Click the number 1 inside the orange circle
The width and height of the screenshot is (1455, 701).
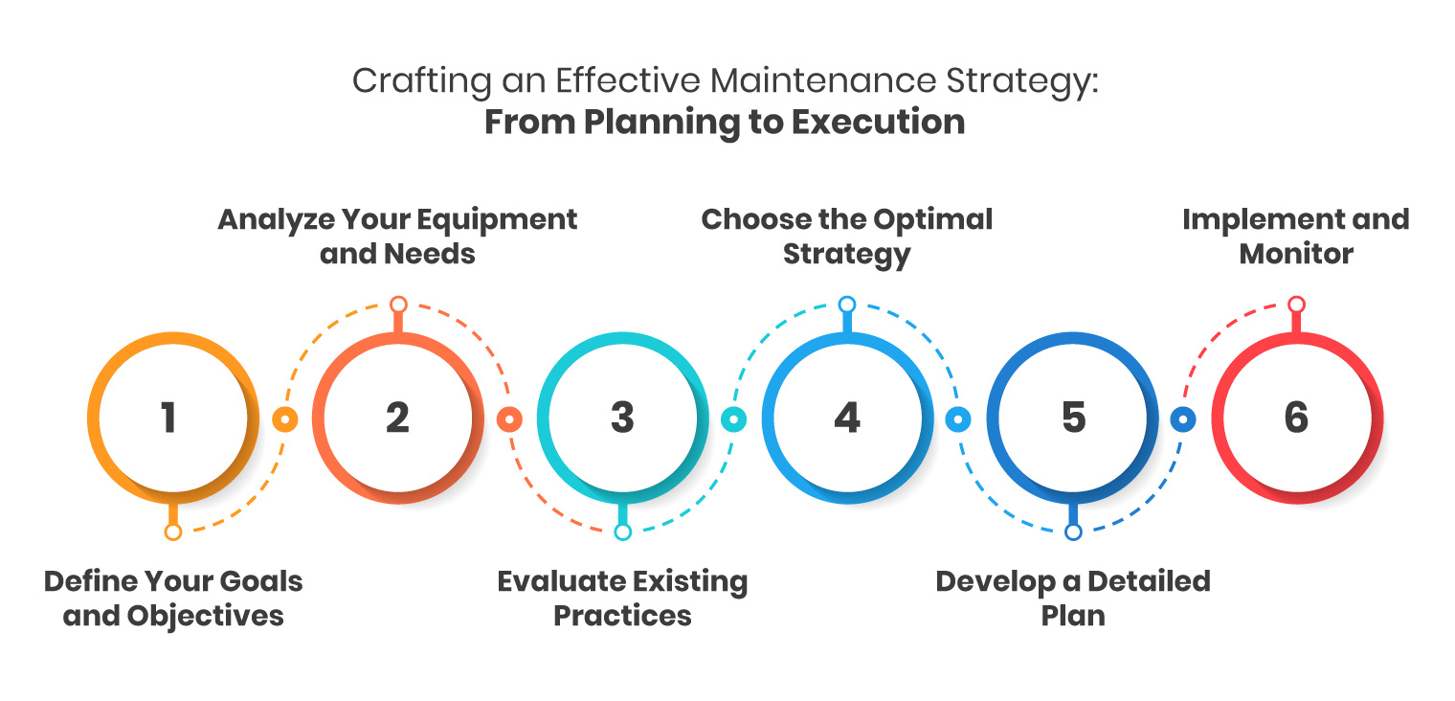[x=168, y=418]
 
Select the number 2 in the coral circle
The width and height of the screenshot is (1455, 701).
[x=397, y=418]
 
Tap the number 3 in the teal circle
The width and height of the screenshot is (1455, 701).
[x=622, y=418]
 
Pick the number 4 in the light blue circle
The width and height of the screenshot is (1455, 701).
[x=846, y=418]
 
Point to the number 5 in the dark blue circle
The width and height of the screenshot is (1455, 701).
[x=1073, y=418]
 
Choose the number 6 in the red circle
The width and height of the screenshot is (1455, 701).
[x=1296, y=418]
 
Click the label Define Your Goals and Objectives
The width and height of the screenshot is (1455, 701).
[x=173, y=598]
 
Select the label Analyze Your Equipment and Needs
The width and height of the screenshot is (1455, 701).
[x=397, y=236]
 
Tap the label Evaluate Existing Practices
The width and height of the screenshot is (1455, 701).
[x=622, y=598]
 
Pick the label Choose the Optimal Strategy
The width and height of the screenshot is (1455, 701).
[x=847, y=236]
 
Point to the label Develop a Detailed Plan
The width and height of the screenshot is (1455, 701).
[x=1073, y=598]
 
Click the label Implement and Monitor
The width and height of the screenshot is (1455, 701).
[x=1296, y=236]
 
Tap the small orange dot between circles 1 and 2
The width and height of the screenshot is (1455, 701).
[x=284, y=419]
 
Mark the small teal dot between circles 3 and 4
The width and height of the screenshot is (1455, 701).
[x=733, y=419]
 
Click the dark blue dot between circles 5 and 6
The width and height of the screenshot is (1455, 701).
[x=1183, y=419]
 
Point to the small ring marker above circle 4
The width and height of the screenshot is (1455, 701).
[x=846, y=305]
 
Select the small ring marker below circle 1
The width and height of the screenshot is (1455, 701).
[x=172, y=532]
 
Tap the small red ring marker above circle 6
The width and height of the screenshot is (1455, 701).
[x=1296, y=305]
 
